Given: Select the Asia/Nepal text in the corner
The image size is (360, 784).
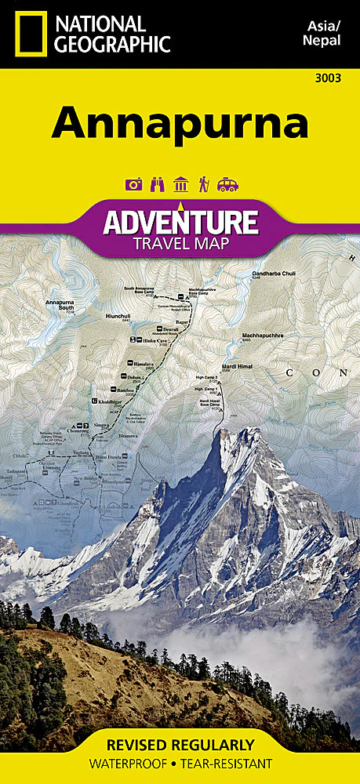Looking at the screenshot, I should coord(322,34).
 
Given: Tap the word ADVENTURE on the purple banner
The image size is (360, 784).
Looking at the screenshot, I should coord(180,223).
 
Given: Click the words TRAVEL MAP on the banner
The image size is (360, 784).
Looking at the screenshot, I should coord(180,244).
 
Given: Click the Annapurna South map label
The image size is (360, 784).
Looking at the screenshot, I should coord(60,305).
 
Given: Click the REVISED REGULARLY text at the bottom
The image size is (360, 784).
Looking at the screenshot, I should coord(180,744).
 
